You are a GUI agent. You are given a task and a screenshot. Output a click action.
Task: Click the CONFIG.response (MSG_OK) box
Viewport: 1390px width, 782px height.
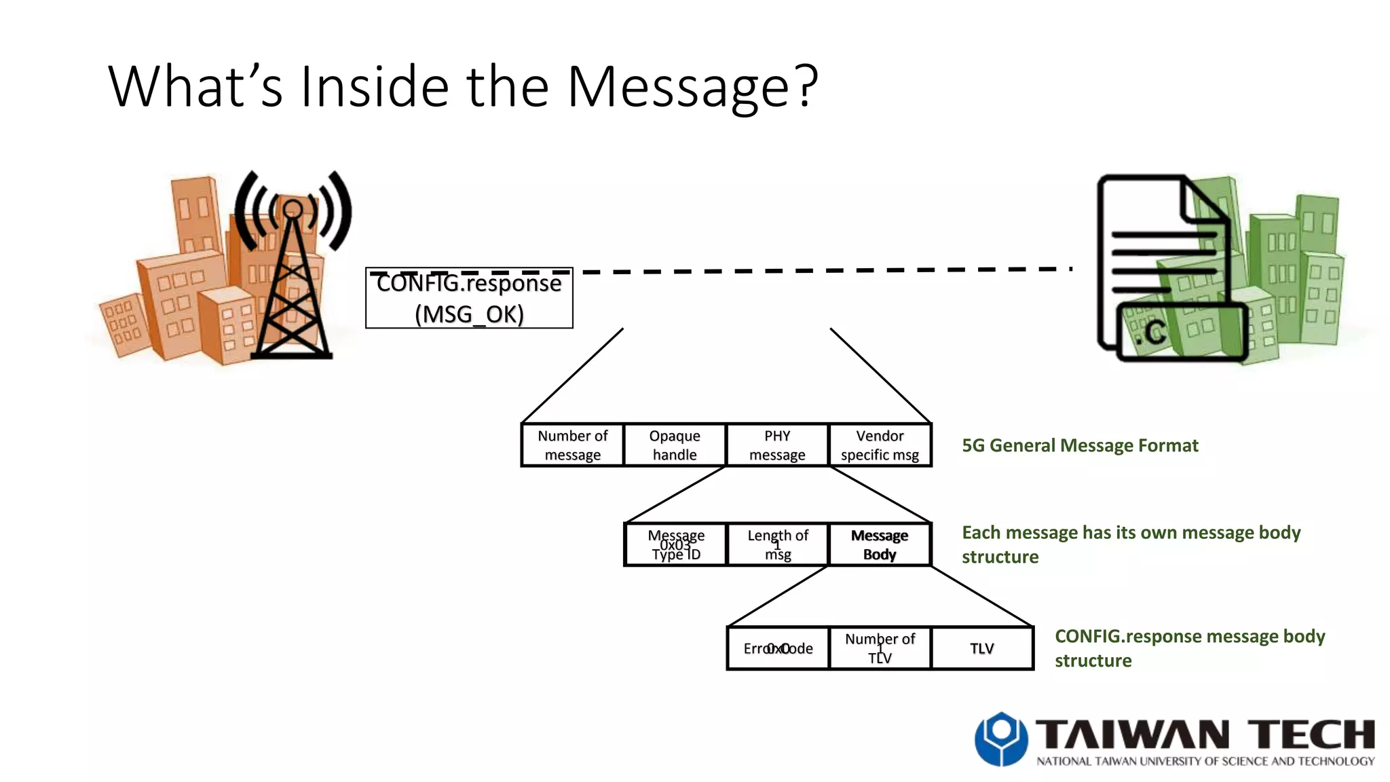(469, 299)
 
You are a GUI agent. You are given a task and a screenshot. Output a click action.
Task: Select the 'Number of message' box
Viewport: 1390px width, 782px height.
(572, 445)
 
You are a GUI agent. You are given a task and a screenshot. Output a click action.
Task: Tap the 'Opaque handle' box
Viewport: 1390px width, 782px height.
(675, 445)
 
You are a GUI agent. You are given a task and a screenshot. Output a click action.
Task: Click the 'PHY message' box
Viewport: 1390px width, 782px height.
(777, 445)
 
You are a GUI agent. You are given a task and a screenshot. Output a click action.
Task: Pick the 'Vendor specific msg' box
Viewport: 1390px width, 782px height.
(880, 445)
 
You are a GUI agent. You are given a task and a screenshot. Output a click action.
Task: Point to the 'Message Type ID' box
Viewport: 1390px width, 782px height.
(675, 544)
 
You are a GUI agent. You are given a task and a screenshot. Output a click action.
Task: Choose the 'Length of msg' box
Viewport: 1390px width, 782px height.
(778, 544)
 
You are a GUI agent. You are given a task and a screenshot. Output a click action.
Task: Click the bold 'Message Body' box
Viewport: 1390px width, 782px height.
(880, 544)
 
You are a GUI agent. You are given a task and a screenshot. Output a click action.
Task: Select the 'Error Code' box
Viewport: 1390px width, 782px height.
(778, 648)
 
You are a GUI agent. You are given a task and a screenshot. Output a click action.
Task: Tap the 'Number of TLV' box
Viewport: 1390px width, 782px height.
(880, 648)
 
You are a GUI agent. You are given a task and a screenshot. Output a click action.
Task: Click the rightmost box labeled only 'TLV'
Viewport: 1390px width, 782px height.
(982, 648)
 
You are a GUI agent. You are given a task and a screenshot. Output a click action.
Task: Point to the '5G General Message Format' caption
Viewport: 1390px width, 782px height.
(1080, 445)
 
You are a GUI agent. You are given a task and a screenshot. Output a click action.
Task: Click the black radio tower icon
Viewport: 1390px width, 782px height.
(293, 272)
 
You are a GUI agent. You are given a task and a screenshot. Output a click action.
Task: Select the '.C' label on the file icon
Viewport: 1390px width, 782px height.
(1152, 333)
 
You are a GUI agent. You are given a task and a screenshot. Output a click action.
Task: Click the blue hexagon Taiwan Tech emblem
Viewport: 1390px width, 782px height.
(1000, 739)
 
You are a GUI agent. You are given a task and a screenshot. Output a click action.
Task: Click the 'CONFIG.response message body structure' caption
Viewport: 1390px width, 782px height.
(1189, 648)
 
